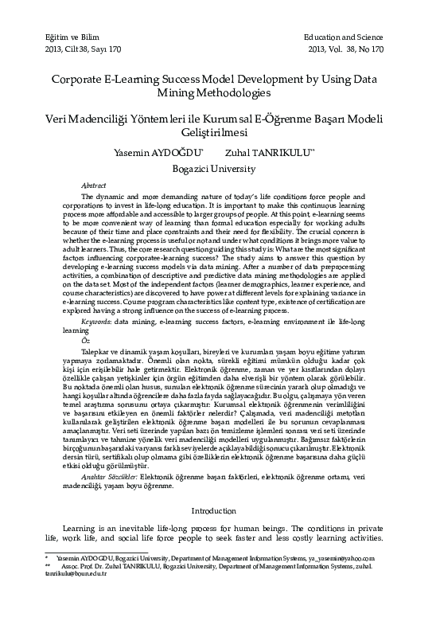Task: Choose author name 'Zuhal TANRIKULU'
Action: pyautogui.click(x=270, y=153)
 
